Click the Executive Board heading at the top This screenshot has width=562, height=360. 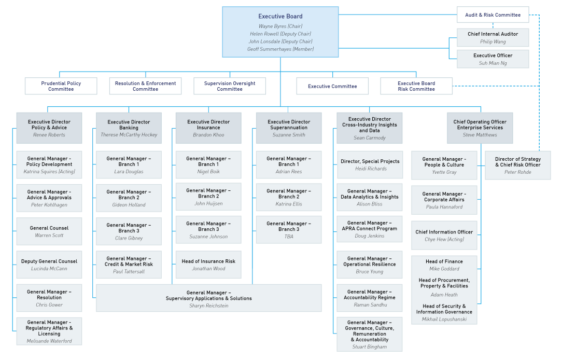pos(280,17)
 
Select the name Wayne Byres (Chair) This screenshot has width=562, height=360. pos(280,26)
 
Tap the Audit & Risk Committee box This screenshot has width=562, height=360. pos(493,15)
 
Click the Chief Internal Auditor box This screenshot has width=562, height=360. pos(493,37)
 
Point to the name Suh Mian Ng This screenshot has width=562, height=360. pos(493,63)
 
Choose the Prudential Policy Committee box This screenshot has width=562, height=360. pos(61,86)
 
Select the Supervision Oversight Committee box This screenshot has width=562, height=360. pos(230,86)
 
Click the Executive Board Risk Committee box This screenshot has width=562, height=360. pos(416,86)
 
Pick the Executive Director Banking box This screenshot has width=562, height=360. pos(129,128)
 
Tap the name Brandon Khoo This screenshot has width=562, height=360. pos(208,135)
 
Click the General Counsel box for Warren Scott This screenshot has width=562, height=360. pos(49,231)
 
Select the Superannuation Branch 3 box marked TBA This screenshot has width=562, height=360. pos(289,230)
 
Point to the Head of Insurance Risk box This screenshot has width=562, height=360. pos(208,265)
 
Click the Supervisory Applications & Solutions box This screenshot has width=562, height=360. pos(208,298)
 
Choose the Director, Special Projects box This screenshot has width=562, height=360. pos(370,165)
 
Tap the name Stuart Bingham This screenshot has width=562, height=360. pos(370,347)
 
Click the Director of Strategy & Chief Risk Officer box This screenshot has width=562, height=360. pos(517,165)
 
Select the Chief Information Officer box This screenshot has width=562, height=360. pos(444,235)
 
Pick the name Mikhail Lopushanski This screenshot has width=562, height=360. pos(444,319)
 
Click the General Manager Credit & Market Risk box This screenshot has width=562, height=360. pos(129,265)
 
